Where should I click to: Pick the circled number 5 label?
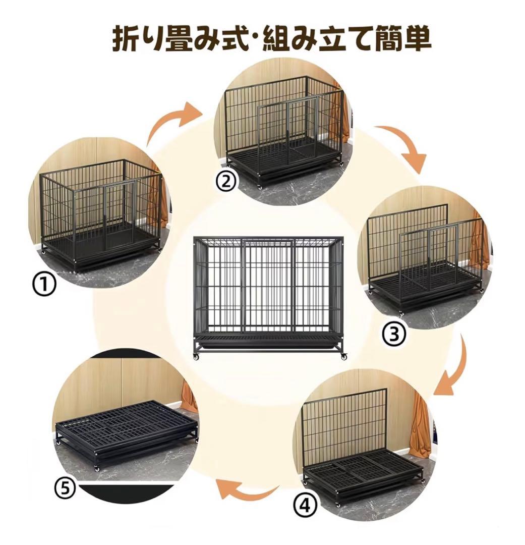pyautogui.click(x=65, y=487)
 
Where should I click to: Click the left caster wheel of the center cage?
pyautogui.click(x=196, y=356)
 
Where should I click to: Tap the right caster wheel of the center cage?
pyautogui.click(x=344, y=356)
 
